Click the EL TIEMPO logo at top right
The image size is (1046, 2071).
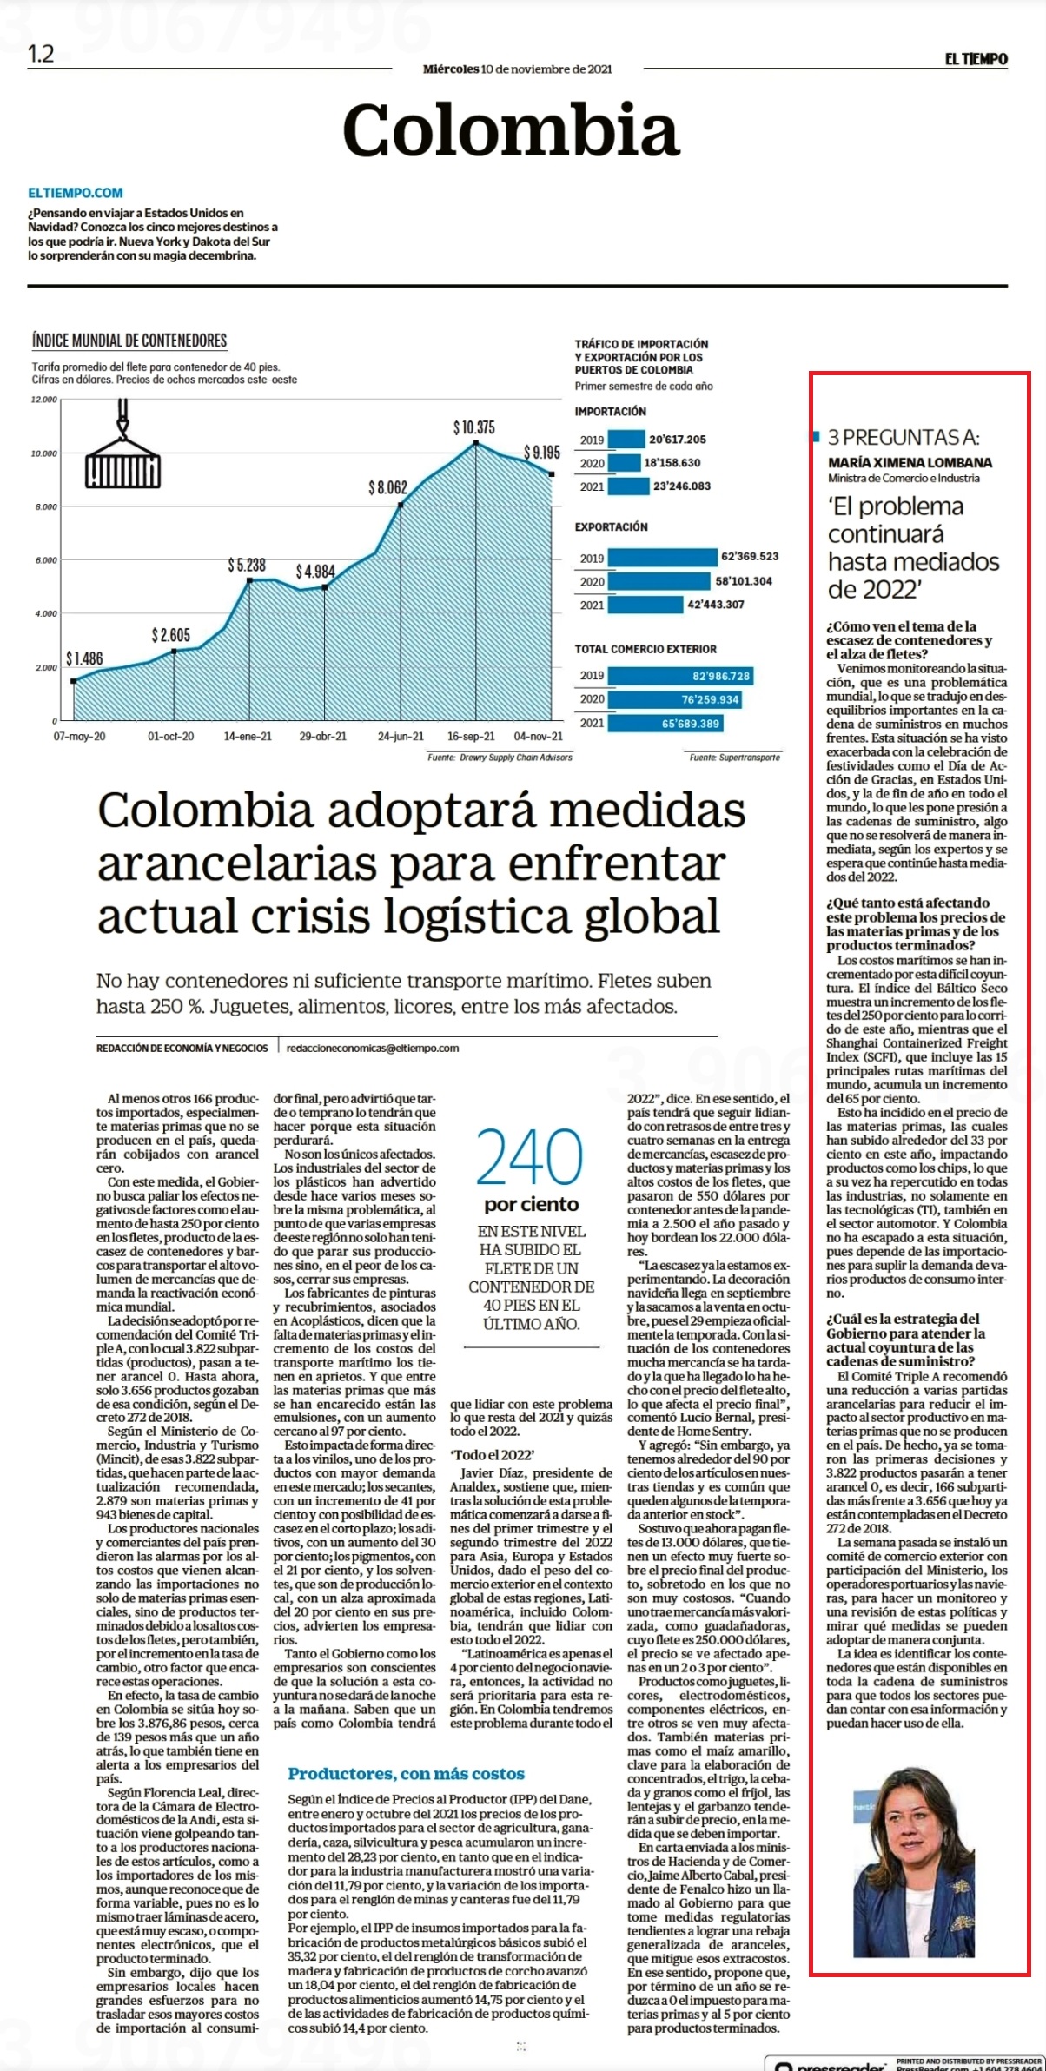point(976,59)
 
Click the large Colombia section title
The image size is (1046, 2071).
point(510,129)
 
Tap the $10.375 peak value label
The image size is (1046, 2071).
point(473,427)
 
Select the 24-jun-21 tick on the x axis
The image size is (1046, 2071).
point(401,736)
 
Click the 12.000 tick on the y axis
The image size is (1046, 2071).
point(44,400)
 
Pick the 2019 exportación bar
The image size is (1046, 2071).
point(663,558)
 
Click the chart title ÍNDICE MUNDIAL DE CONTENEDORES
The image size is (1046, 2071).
point(129,341)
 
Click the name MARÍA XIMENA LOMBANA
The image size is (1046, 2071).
point(910,462)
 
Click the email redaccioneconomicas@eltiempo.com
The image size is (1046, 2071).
point(373,1048)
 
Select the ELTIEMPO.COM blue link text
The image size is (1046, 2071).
point(76,193)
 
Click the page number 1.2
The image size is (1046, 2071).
point(41,55)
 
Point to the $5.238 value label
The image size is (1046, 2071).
point(247,566)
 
